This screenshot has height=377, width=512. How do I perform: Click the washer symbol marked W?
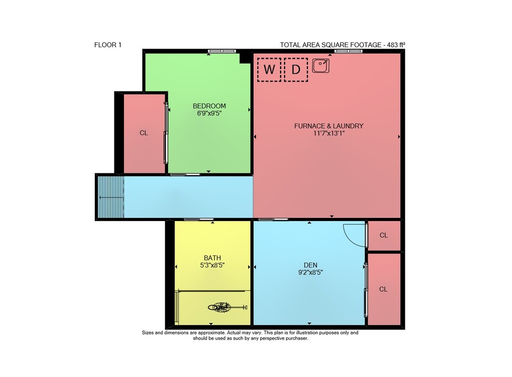269,70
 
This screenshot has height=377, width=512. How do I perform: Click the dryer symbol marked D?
296,70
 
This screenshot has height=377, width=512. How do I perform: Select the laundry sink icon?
321,66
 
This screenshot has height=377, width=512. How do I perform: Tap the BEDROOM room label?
209,106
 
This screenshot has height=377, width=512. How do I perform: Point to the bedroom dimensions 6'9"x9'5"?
209,114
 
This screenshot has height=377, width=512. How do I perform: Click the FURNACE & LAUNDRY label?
329,126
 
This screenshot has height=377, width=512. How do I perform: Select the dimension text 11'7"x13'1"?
329,134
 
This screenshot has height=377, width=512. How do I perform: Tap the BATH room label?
212,258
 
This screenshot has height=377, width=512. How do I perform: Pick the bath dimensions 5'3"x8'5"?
212,265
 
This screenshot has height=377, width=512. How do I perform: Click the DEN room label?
310,265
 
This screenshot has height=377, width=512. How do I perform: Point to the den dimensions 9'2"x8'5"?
310,273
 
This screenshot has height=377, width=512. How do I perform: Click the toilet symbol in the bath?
227,307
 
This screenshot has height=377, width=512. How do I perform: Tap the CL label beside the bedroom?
144,133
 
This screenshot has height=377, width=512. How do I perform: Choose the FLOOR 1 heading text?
108,45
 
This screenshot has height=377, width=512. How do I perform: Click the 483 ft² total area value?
396,45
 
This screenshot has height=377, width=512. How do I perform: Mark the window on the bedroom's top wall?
222,51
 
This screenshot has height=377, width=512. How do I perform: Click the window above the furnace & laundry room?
348,51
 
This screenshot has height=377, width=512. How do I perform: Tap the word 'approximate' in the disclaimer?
211,333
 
